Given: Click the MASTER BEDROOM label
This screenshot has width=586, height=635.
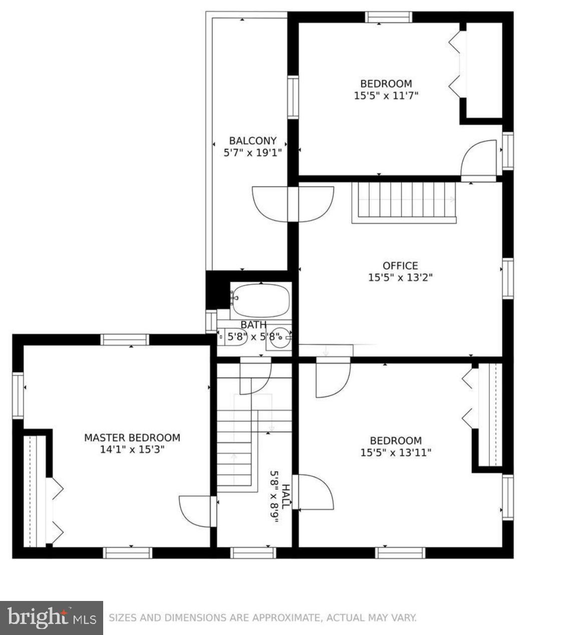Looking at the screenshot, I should [x=132, y=438].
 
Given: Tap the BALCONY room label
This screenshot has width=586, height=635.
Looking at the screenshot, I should [x=252, y=141].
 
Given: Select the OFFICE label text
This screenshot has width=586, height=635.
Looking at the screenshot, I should [x=400, y=265].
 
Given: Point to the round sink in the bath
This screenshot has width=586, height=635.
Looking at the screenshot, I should [x=281, y=337].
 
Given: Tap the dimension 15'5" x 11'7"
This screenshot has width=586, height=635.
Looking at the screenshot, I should [x=386, y=95].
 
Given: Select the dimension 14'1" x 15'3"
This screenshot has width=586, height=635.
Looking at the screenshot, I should [x=132, y=450].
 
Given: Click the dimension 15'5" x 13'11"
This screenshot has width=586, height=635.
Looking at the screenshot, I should [x=395, y=453].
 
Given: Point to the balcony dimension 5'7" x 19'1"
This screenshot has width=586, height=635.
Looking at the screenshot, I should [x=252, y=152].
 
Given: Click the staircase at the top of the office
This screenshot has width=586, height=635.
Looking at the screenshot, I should [x=404, y=201].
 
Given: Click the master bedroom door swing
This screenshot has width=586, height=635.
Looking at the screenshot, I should [x=196, y=511].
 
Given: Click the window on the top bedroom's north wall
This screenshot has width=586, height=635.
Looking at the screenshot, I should [x=389, y=17].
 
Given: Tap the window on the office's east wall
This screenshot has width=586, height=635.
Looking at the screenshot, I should [x=507, y=278].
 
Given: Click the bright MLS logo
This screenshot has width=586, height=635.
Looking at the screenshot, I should [x=52, y=617].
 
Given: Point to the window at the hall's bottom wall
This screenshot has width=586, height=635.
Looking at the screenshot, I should [x=253, y=553].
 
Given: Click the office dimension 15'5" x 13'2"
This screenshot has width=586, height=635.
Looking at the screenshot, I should [x=400, y=277].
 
